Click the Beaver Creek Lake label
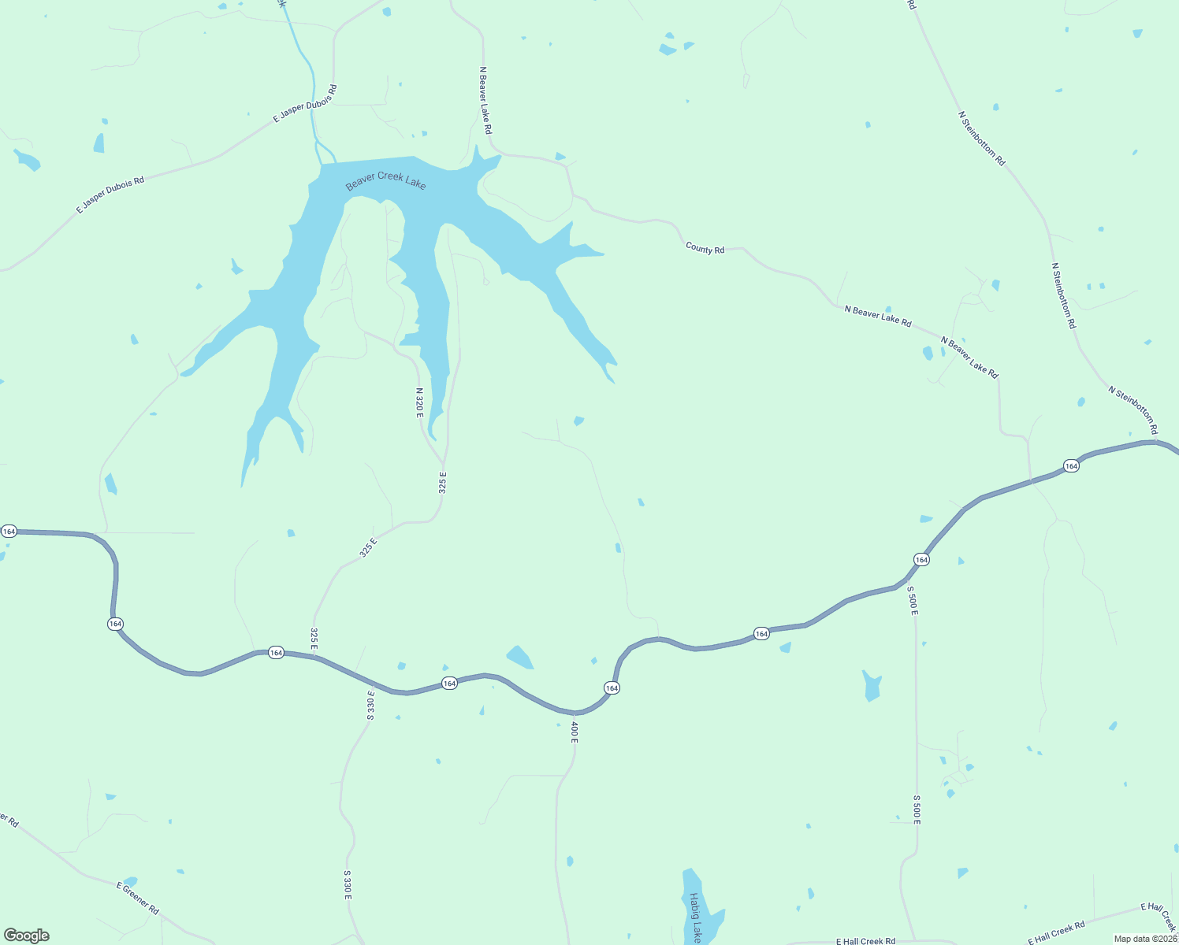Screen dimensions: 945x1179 click(385, 180)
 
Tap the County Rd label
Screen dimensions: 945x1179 click(705, 249)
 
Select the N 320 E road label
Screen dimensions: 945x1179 click(419, 402)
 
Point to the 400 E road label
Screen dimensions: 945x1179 click(575, 732)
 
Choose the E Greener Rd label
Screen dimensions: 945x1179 click(137, 898)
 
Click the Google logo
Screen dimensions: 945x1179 click(26, 936)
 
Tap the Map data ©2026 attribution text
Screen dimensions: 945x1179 click(1144, 939)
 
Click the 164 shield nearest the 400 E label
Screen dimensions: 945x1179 click(612, 688)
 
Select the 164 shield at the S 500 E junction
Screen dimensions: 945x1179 click(921, 559)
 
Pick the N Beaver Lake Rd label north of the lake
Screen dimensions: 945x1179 click(486, 100)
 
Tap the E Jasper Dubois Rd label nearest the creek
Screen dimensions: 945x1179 click(305, 103)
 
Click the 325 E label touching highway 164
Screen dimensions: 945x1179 click(314, 639)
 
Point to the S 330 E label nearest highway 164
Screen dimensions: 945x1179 click(370, 704)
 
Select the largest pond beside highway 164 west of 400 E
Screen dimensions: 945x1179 click(520, 657)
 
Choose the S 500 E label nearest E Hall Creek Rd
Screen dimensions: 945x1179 click(917, 810)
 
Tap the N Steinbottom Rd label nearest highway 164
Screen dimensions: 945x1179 click(1133, 409)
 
